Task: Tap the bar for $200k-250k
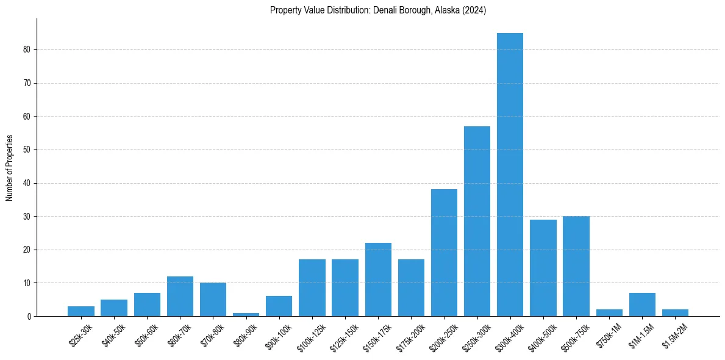tap(444, 253)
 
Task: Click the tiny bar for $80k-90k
tap(246, 314)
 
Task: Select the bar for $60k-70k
tap(180, 297)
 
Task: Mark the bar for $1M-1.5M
tap(642, 304)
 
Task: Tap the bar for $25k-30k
tap(81, 311)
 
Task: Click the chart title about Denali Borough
tap(377, 10)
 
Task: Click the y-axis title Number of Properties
tap(10, 168)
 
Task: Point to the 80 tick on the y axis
tap(27, 49)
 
